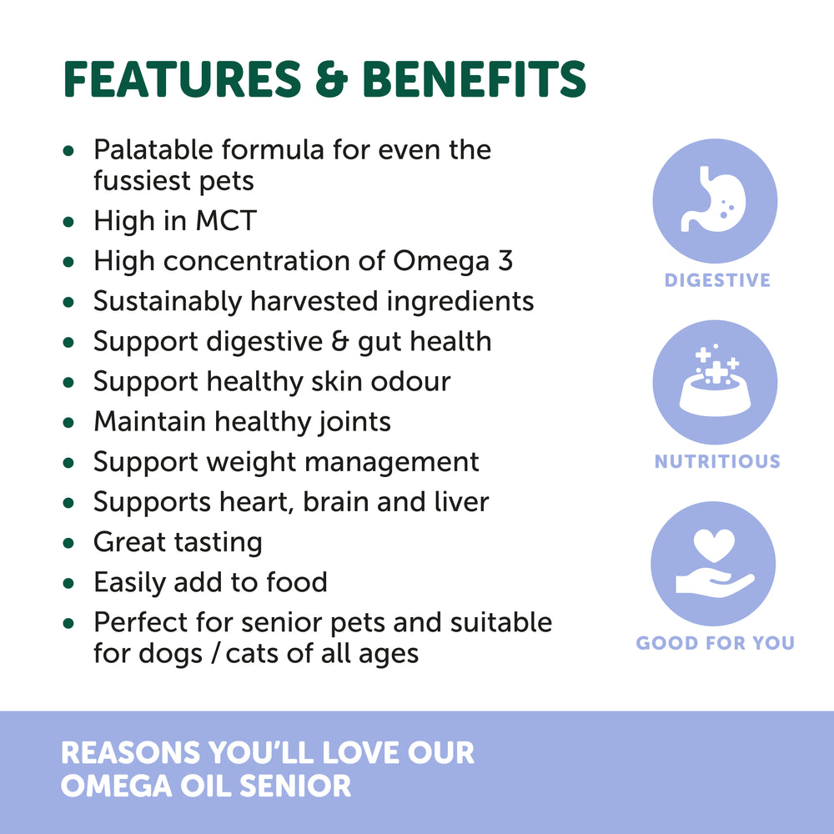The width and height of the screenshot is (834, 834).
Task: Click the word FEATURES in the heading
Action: pyautogui.click(x=183, y=78)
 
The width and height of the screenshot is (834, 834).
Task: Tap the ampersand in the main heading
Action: pyautogui.click(x=332, y=79)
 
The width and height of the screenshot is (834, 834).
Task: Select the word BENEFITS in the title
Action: pyautogui.click(x=475, y=78)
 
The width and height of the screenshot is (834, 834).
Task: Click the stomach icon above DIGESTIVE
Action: pyautogui.click(x=715, y=200)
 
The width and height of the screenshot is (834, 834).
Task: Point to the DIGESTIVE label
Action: pyautogui.click(x=717, y=280)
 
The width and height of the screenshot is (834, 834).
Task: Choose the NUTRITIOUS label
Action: pyautogui.click(x=717, y=461)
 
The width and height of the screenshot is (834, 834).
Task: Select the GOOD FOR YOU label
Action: pyautogui.click(x=715, y=642)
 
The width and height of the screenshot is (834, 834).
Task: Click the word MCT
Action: pyautogui.click(x=226, y=220)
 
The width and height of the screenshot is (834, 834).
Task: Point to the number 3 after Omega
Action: pyautogui.click(x=505, y=260)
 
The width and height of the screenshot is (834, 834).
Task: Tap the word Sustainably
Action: pyautogui.click(x=168, y=302)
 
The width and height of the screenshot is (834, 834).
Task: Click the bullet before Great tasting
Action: pyautogui.click(x=68, y=543)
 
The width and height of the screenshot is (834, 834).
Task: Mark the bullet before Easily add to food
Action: pyautogui.click(x=68, y=583)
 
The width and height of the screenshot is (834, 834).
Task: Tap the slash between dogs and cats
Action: pyautogui.click(x=215, y=653)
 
